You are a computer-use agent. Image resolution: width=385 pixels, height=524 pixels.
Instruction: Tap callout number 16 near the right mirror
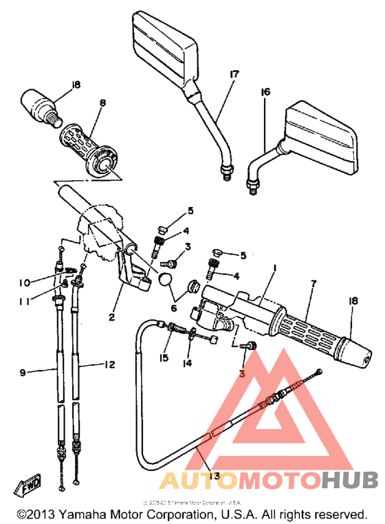pyautogui.click(x=265, y=92)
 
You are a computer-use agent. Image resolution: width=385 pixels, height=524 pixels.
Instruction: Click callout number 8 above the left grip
pyautogui.click(x=102, y=104)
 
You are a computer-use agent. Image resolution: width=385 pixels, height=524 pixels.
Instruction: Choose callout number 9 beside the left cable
pyautogui.click(x=23, y=373)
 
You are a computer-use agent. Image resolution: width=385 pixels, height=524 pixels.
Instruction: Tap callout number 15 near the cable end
pyautogui.click(x=164, y=358)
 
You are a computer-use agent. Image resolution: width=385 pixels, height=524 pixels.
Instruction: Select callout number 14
pyautogui.click(x=188, y=362)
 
